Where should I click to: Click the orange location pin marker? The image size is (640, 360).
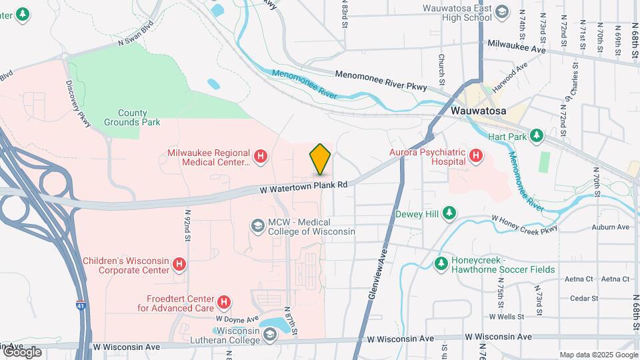320,159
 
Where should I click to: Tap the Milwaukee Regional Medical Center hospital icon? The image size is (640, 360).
261,157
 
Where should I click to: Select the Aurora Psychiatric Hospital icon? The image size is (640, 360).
475,157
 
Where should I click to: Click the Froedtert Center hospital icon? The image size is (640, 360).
225,303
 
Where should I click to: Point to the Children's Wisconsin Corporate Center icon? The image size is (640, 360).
179,265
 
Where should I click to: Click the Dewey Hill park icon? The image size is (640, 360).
450,213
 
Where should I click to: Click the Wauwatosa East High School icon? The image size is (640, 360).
502,12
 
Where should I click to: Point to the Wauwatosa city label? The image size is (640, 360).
479,110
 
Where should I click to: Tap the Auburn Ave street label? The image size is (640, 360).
613,227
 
